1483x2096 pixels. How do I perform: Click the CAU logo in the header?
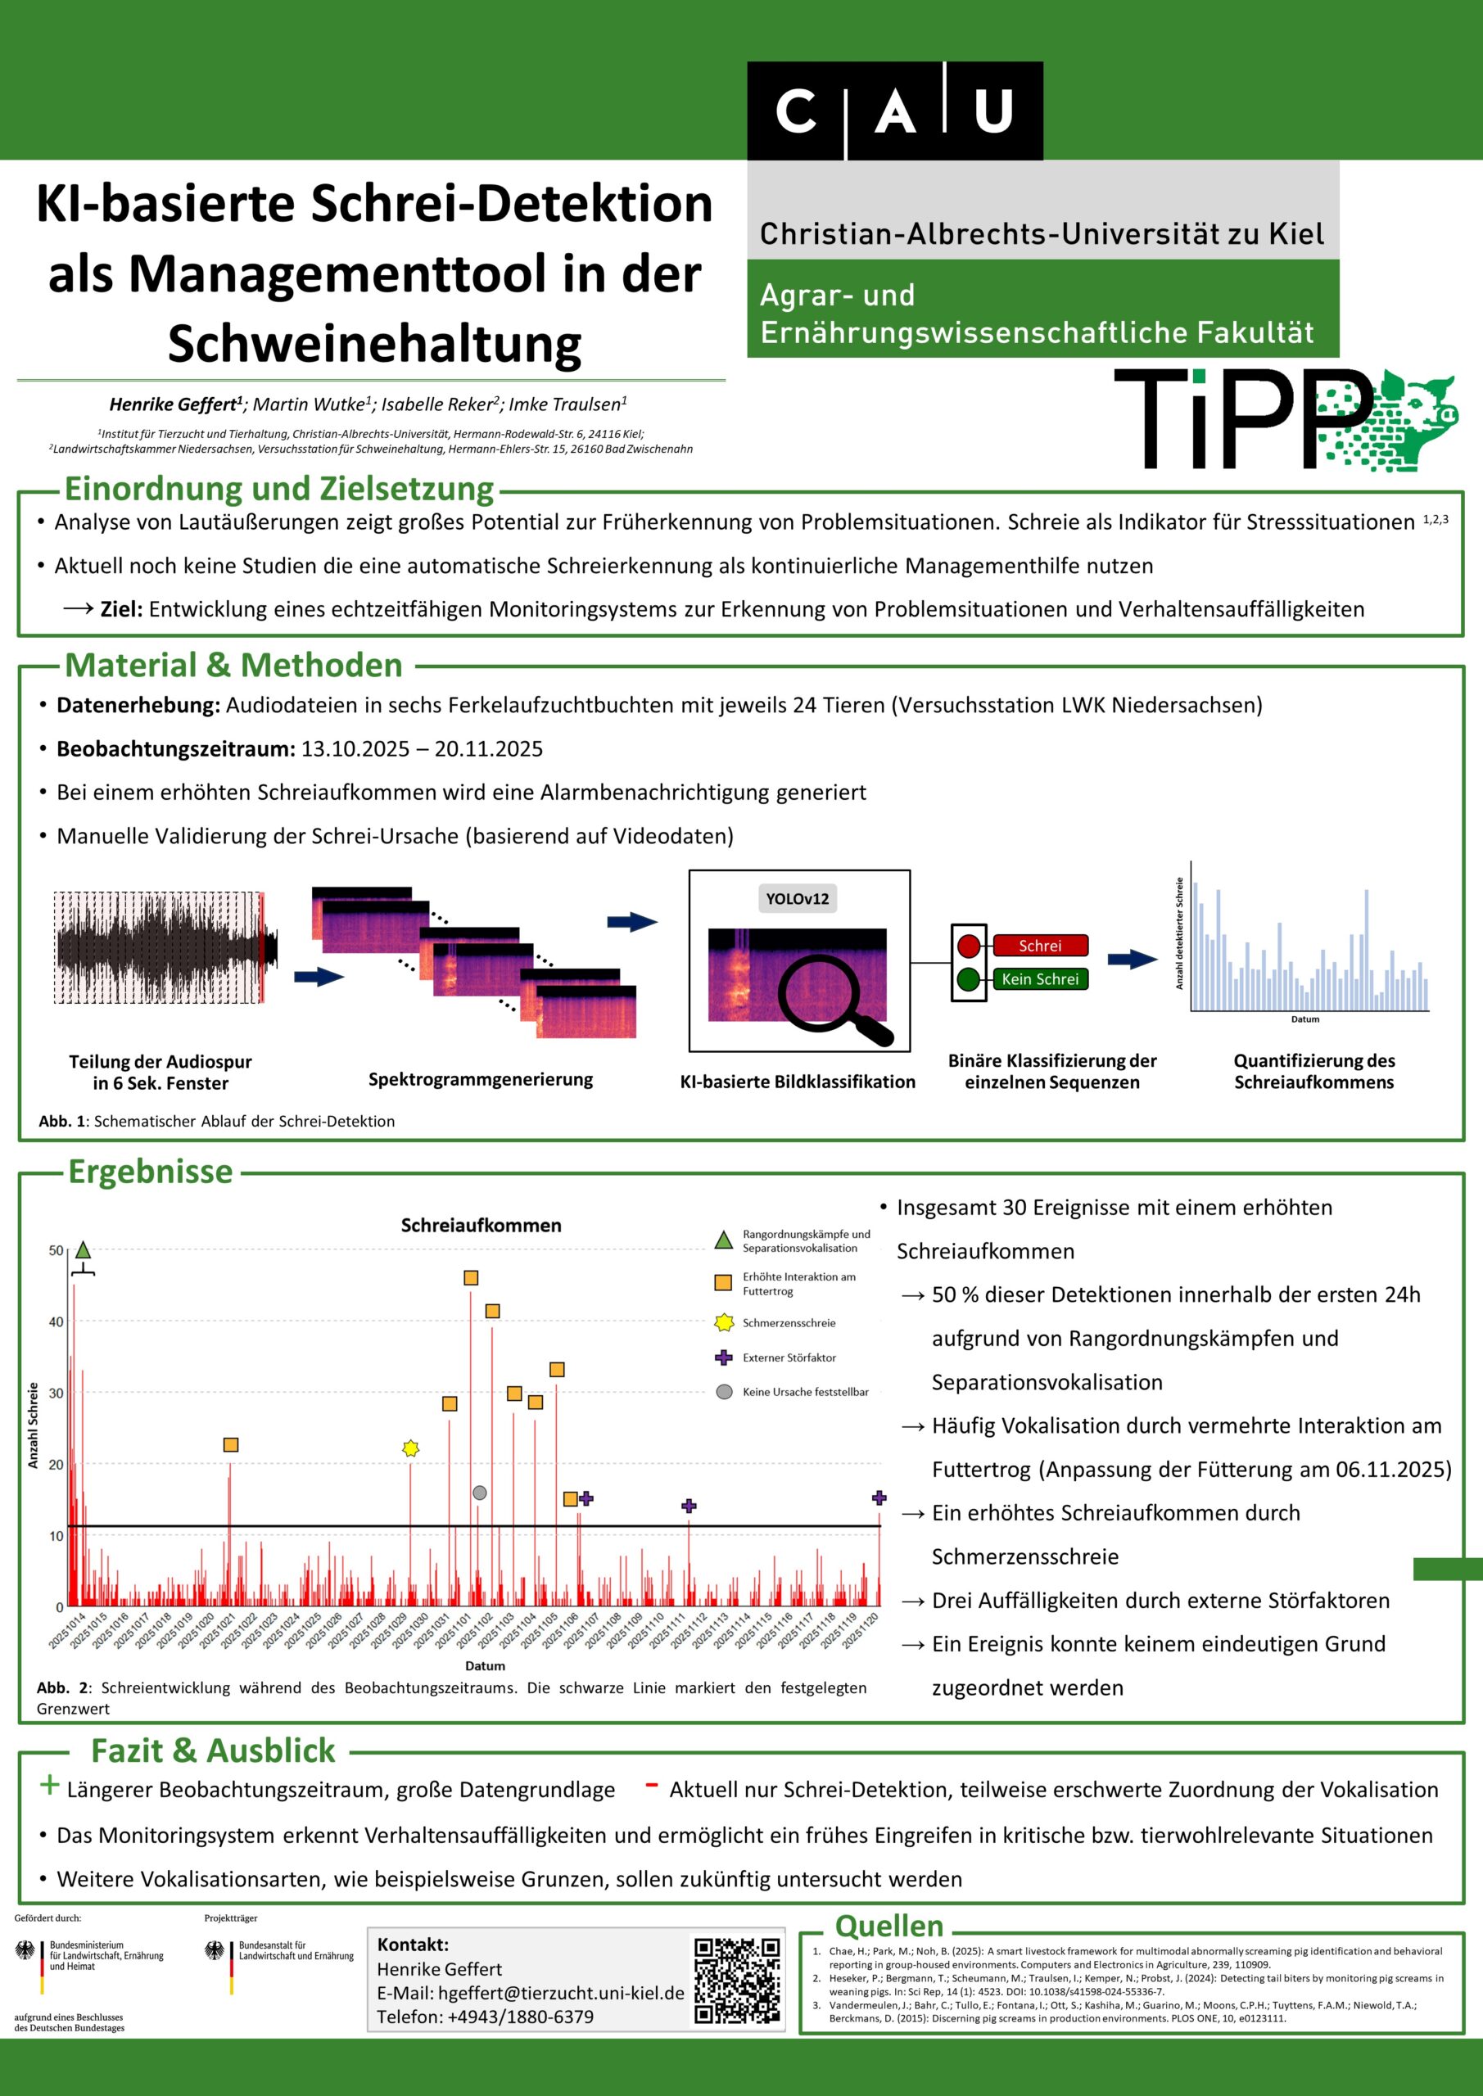pos(894,111)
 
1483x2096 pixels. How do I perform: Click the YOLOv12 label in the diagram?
pos(798,898)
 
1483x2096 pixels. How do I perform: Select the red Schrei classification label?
pos(1040,946)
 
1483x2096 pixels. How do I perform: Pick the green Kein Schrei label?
pos(1040,979)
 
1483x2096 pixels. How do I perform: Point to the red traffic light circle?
pos(969,946)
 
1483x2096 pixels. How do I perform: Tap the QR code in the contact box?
pos(737,1981)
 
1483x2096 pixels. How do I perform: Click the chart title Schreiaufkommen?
pos(482,1225)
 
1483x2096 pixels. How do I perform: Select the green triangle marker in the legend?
pos(723,1240)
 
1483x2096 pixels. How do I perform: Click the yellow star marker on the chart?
pos(411,1448)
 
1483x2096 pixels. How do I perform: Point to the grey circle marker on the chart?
pos(479,1493)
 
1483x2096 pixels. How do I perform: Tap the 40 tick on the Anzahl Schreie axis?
pos(56,1321)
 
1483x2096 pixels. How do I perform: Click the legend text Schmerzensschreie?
pos(789,1323)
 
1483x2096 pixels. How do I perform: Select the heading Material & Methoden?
pos(233,666)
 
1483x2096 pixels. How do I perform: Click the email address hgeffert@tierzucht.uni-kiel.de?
pos(561,1993)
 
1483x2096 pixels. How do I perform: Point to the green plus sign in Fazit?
pos(49,1785)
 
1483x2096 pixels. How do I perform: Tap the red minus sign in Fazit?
pos(651,1786)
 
